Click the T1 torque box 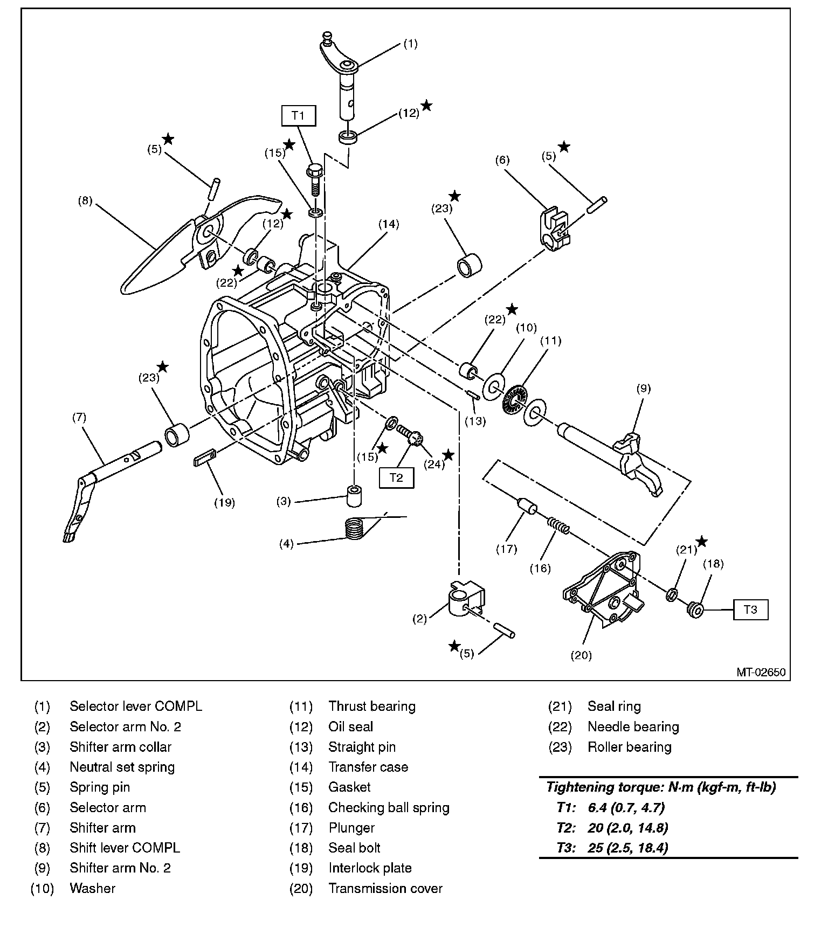point(298,116)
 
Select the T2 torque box point(396,477)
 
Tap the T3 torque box point(750,610)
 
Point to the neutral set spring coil point(354,528)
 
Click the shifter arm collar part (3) point(354,496)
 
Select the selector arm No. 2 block point(465,598)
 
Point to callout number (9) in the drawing point(644,389)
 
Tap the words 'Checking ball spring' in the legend point(389,807)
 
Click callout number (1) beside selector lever point(410,44)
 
